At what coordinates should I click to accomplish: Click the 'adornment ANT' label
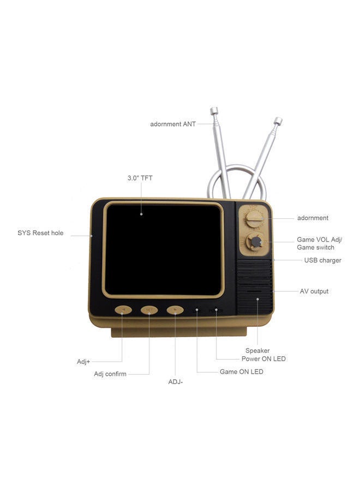[x=173, y=124]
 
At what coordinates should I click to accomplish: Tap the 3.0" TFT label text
[x=140, y=178]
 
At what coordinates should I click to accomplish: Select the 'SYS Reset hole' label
[x=40, y=233]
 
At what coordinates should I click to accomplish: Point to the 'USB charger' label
[x=322, y=260]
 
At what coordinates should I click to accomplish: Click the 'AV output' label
[x=314, y=291]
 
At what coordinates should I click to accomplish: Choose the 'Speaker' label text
[x=257, y=350]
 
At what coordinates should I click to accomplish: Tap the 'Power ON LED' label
[x=263, y=359]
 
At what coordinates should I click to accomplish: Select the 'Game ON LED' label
[x=241, y=372]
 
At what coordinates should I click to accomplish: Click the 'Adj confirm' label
[x=110, y=374]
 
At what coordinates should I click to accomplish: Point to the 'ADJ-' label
[x=176, y=382]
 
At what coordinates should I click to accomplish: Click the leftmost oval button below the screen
[x=123, y=310]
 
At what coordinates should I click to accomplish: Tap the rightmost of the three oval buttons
[x=175, y=310]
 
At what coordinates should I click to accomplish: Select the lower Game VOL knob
[x=254, y=242]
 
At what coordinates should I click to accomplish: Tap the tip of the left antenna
[x=212, y=111]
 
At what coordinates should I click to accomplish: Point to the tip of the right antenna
[x=278, y=120]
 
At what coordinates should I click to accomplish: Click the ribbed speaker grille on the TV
[x=255, y=286]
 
